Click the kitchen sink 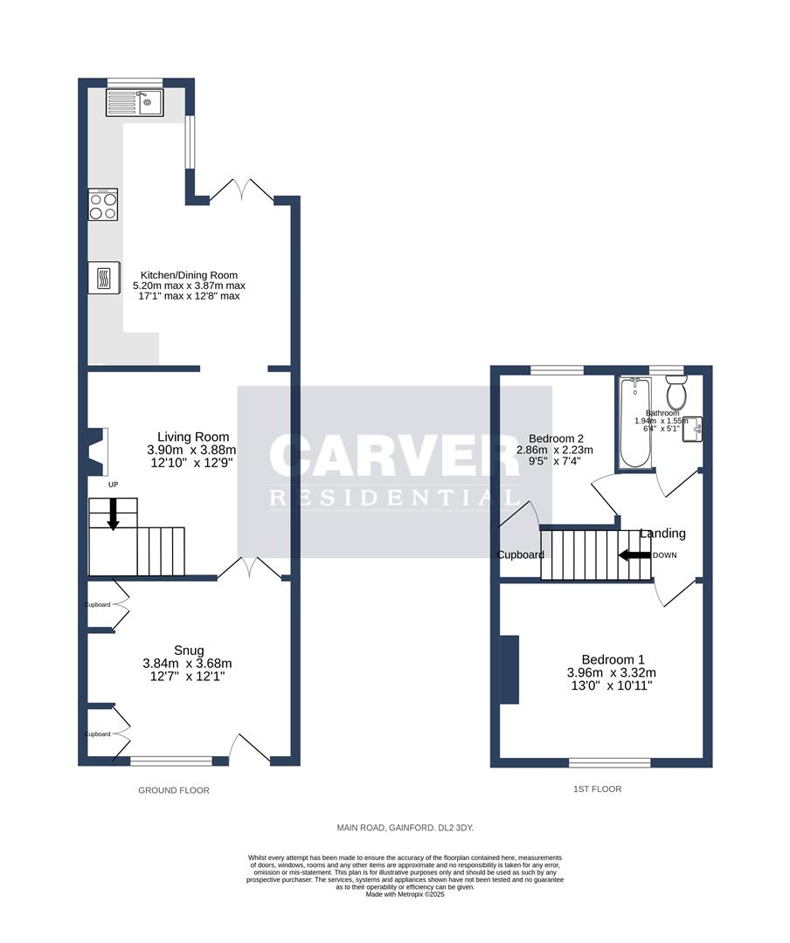(135, 103)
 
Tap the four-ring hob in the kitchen (103, 205)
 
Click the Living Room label (193, 437)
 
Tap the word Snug (189, 650)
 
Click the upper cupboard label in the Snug (98, 605)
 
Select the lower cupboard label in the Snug (98, 734)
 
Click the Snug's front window (170, 761)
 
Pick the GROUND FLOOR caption (174, 790)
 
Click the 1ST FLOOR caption (597, 789)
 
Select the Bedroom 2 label (556, 438)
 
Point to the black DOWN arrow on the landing (634, 554)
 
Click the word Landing (662, 533)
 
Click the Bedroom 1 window (609, 762)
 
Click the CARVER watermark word (395, 457)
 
